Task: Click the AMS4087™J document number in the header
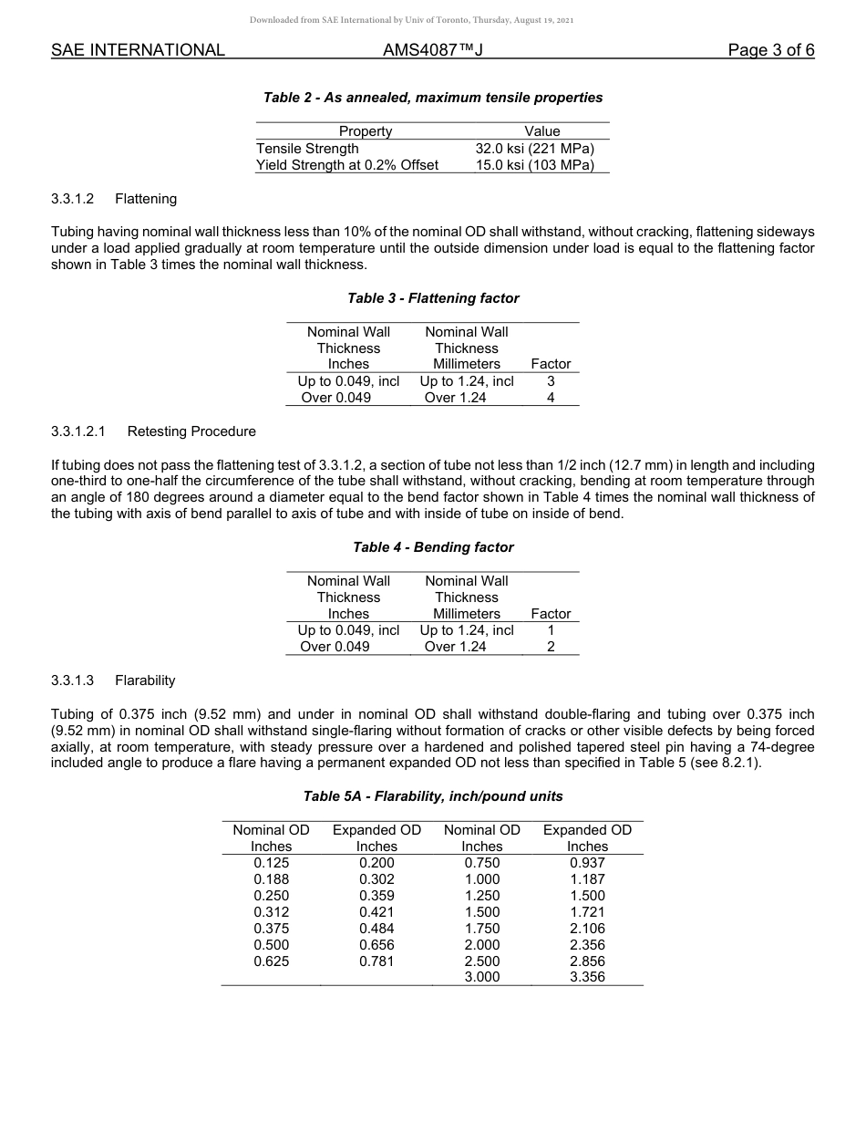[x=432, y=50]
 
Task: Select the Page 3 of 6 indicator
[x=770, y=50]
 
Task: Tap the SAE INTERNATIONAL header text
[x=138, y=50]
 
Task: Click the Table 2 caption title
[x=433, y=98]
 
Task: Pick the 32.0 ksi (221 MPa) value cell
[x=534, y=149]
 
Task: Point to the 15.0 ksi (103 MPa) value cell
[x=534, y=165]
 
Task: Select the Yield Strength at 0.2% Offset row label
[x=347, y=165]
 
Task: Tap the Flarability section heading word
[x=145, y=680]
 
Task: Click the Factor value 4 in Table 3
[x=551, y=398]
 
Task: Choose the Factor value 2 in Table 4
[x=551, y=647]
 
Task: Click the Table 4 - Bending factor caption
[x=433, y=547]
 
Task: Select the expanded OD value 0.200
[x=376, y=863]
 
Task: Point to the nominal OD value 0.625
[x=271, y=961]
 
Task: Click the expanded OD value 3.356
[x=587, y=977]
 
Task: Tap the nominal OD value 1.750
[x=481, y=929]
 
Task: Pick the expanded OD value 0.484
[x=376, y=929]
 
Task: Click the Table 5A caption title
[x=433, y=796]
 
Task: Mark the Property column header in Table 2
[x=366, y=131]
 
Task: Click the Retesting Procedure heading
[x=191, y=431]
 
